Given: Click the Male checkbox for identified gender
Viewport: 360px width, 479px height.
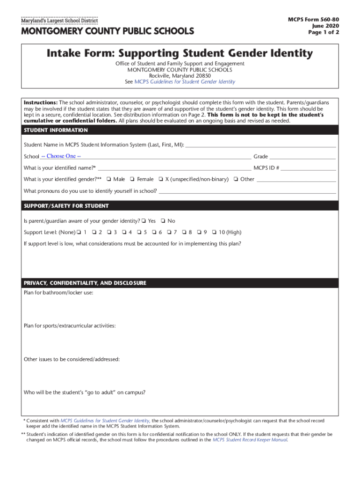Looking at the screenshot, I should [x=108, y=179].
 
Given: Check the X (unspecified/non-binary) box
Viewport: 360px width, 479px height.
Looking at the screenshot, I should [x=160, y=179].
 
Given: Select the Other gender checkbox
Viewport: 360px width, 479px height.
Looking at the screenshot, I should [x=236, y=179].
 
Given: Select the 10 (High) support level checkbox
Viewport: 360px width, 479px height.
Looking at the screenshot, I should [x=214, y=232].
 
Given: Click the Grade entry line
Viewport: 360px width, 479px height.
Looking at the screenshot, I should [x=302, y=157].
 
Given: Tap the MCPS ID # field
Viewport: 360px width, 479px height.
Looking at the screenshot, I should [x=309, y=168].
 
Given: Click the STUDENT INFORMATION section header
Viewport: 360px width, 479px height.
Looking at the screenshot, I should [x=56, y=130].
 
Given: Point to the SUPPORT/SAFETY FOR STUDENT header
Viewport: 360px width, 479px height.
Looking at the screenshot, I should [x=66, y=206].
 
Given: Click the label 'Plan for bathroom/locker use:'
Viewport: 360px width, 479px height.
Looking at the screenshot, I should [x=58, y=293].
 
